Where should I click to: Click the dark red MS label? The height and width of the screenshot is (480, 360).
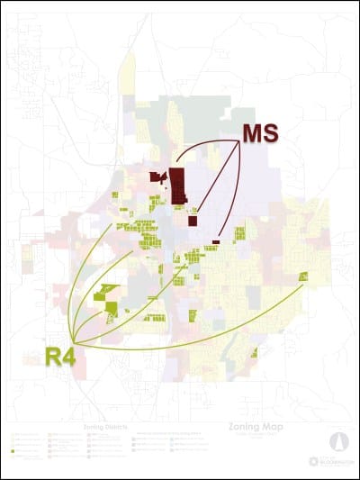[260, 133]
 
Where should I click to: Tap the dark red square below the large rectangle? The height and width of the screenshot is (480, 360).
[193, 220]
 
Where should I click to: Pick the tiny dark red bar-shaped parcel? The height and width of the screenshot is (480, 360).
[216, 241]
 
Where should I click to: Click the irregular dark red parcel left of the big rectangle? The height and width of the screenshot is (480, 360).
[157, 177]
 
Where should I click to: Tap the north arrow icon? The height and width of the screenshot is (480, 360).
[339, 442]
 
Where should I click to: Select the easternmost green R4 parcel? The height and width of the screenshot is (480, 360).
[304, 276]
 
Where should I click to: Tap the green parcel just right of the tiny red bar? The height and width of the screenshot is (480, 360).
[238, 235]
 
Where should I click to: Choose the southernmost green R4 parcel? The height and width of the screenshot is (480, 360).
[255, 352]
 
